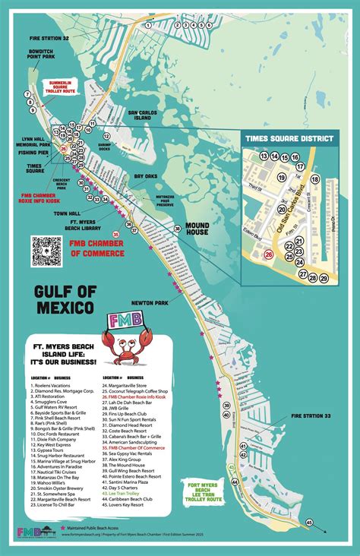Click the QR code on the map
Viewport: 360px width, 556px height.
click(46, 251)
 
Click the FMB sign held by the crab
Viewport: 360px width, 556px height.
click(125, 320)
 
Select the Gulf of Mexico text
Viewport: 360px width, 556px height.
click(63, 301)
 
